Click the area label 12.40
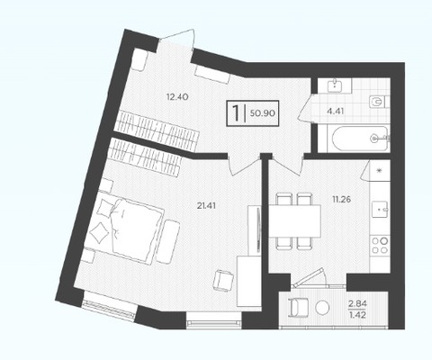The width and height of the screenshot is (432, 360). point(177,97)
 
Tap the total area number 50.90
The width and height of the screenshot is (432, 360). point(263,113)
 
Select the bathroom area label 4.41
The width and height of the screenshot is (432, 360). point(336,112)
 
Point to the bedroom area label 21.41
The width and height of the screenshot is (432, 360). point(206,206)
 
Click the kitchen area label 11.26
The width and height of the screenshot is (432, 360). point(342,199)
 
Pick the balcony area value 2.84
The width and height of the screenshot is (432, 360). point(357,303)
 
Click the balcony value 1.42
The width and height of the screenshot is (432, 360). point(357,315)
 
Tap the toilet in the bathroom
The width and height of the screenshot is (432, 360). point(379,102)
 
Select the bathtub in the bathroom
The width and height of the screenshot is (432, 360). point(359,139)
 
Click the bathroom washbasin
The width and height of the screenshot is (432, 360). point(335,85)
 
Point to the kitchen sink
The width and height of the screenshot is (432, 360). point(381,209)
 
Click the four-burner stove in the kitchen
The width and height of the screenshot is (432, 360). point(380,245)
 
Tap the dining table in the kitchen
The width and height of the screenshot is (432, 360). point(294,220)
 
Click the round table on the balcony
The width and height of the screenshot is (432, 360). point(322,307)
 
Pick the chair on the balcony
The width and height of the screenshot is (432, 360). point(298,307)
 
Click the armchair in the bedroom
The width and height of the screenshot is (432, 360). point(223,280)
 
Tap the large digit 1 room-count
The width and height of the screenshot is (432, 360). point(237,112)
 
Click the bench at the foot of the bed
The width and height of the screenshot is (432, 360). point(167,242)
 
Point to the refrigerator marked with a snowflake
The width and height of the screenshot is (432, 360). point(380,170)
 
